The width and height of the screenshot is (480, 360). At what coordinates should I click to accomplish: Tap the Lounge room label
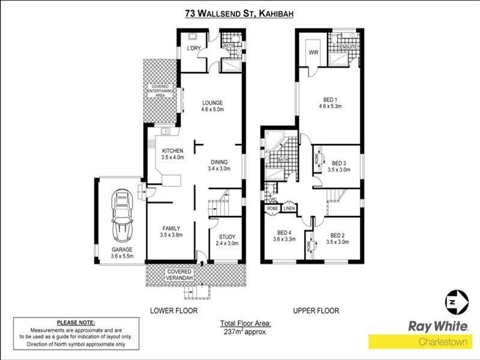point(212,106)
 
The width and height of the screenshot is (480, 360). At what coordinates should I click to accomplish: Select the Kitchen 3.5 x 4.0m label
point(172,154)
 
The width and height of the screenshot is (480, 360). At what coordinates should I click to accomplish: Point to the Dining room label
point(220,165)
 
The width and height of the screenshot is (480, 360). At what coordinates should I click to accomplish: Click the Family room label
point(172,232)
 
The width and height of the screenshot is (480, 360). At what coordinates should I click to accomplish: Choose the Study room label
point(228,240)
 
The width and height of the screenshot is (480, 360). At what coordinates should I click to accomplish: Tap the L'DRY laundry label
point(194,48)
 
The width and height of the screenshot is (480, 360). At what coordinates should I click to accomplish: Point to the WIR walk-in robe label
point(313,53)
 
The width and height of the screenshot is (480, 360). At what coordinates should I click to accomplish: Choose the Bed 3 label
point(340,166)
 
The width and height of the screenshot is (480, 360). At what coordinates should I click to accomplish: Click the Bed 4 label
point(284,237)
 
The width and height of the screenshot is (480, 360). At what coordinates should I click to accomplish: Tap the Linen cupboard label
point(289,208)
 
